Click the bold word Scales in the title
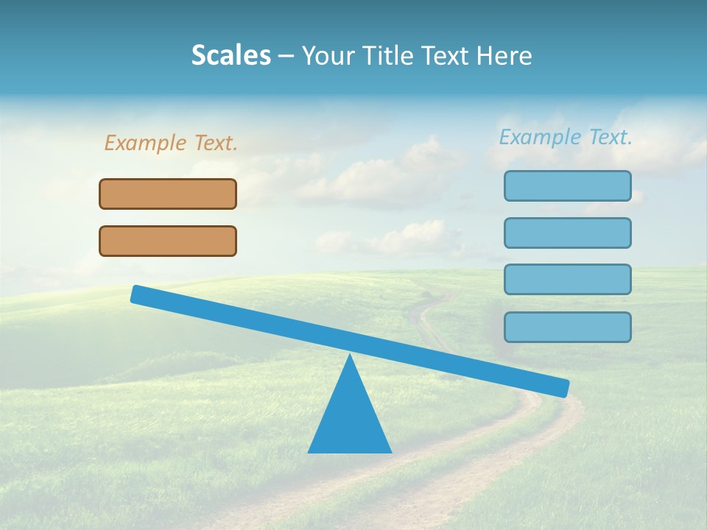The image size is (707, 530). pos(231,55)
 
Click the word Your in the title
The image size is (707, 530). pos(328,55)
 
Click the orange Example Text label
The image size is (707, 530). pos(171,143)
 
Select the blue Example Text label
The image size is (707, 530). pos(566,137)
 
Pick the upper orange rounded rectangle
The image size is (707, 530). pos(168,194)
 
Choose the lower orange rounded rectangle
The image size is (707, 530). pos(168,241)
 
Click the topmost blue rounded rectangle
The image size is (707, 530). pos(568,185)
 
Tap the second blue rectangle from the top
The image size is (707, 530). pos(568,233)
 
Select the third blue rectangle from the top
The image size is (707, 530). pos(568,279)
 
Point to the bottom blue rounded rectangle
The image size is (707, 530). pos(568,327)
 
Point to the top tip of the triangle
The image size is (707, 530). pos(350,356)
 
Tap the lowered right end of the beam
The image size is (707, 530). pos(563,388)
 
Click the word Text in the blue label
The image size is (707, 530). pos(610,137)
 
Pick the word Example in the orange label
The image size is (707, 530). pos(146,143)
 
